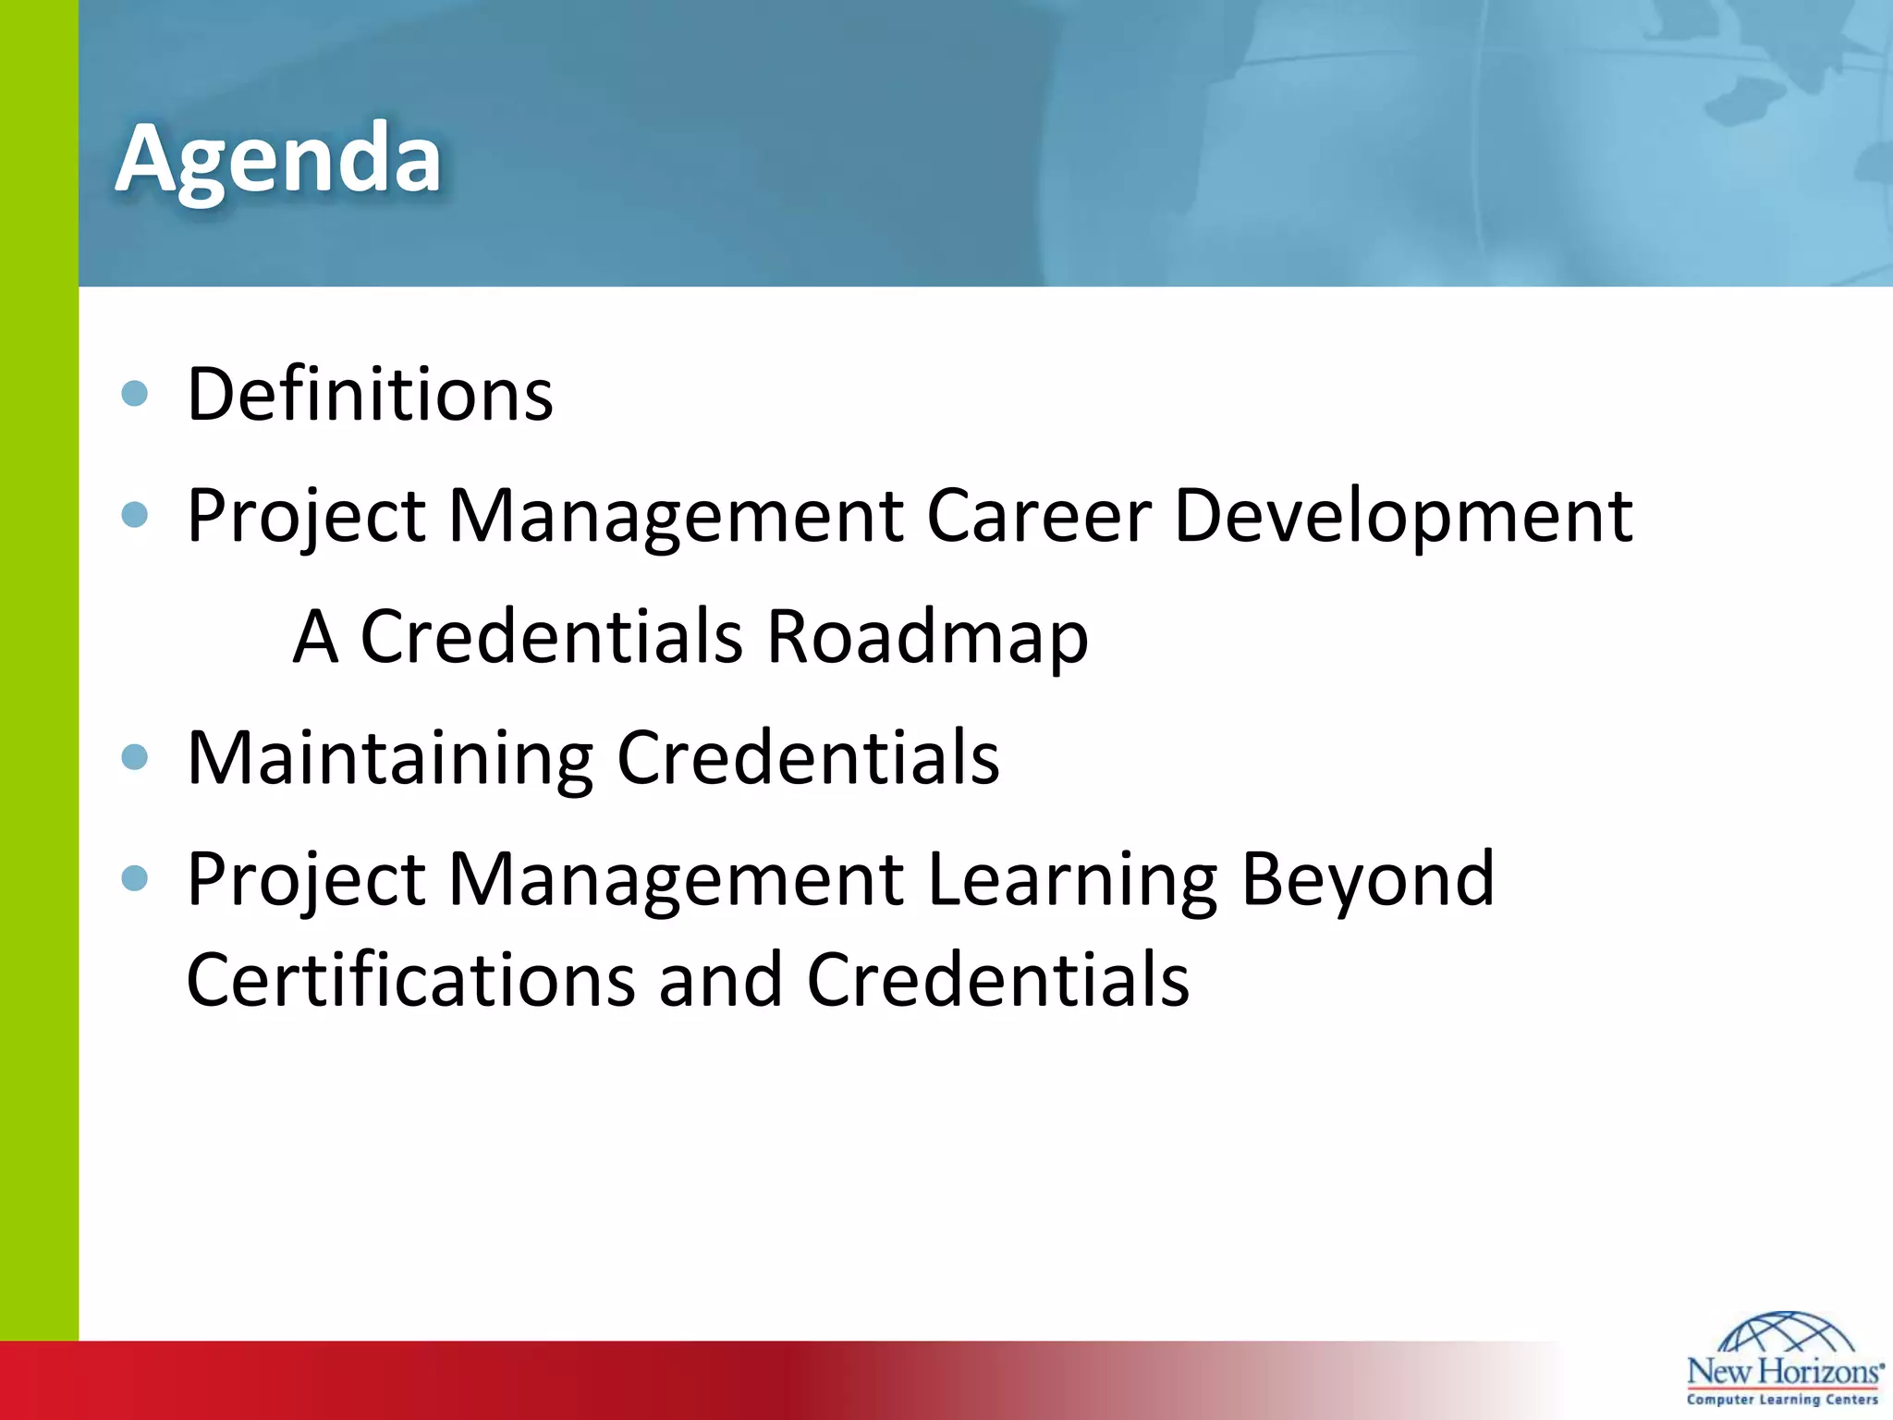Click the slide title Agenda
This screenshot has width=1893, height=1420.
pyautogui.click(x=278, y=159)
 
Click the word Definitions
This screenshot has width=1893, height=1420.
pyautogui.click(x=370, y=395)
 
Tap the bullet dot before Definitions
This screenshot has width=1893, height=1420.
pyautogui.click(x=135, y=394)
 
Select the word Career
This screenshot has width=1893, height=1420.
pyautogui.click(x=1039, y=515)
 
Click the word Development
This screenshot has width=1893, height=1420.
pyautogui.click(x=1403, y=515)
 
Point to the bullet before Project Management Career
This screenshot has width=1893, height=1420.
pyautogui.click(x=135, y=514)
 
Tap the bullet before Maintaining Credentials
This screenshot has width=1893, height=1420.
pyautogui.click(x=135, y=757)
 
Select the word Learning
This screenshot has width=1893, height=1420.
pyautogui.click(x=1072, y=878)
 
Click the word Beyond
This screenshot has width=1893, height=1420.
pyautogui.click(x=1367, y=878)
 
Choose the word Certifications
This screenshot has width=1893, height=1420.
pyautogui.click(x=410, y=980)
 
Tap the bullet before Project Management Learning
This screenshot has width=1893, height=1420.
pyautogui.click(x=135, y=877)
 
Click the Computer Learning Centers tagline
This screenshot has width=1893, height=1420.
pyautogui.click(x=1783, y=1400)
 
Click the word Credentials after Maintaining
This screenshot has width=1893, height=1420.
pyautogui.click(x=808, y=757)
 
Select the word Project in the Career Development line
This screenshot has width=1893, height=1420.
pyautogui.click(x=306, y=515)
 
